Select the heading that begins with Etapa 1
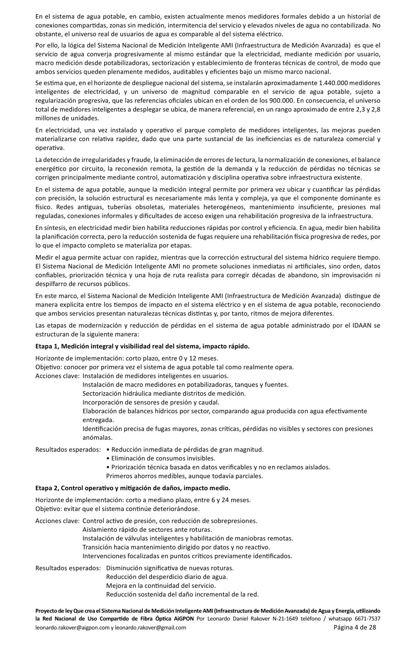point(142,346)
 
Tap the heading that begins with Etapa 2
point(133,487)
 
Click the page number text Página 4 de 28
point(355,627)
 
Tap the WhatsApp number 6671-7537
point(367,618)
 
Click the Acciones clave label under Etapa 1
point(57,376)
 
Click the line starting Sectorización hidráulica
point(164,393)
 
